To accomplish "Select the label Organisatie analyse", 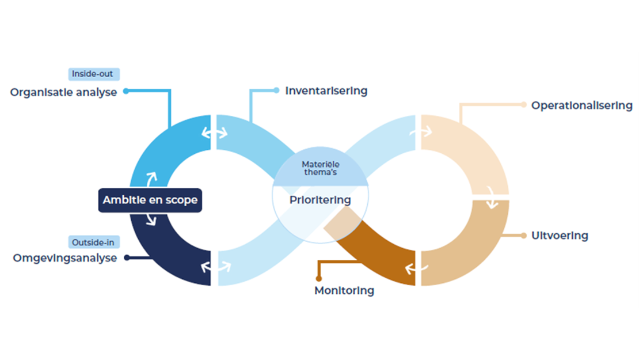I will pos(63,92).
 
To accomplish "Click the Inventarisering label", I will pos(326,90).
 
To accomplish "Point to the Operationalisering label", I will pos(581,105).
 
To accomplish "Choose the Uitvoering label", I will pos(560,236).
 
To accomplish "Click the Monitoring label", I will pos(344,290).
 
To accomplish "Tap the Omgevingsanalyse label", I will pos(64,258).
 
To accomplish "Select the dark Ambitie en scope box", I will pos(150,200).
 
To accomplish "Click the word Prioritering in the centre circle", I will pos(319,200).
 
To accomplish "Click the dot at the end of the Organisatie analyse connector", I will pos(126,91).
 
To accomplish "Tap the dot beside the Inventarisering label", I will pos(276,90).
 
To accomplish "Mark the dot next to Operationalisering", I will pos(523,105).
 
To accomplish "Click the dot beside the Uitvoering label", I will pos(523,236).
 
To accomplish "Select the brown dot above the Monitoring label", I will pos(318,279).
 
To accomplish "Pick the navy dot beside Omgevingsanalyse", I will pos(127,257).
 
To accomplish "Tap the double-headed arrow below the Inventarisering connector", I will pos(214,133).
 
